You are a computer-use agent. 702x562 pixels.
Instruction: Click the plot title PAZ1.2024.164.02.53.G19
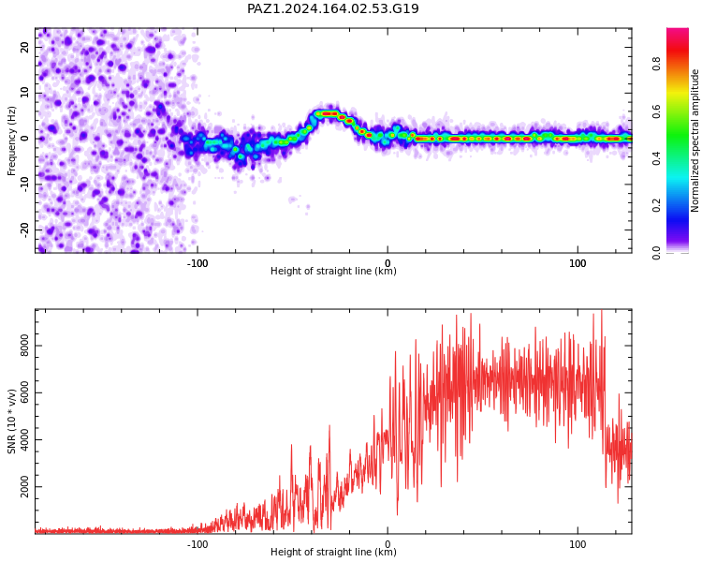pos(333,8)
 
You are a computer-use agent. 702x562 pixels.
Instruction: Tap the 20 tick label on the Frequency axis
pos(25,47)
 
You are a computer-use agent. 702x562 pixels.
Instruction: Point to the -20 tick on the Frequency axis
pos(25,229)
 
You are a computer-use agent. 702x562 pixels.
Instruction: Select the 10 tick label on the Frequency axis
pos(25,93)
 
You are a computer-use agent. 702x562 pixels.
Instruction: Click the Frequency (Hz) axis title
pos(11,140)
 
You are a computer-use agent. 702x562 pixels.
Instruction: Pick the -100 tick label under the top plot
pos(197,263)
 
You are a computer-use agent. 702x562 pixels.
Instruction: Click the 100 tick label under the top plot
pos(578,263)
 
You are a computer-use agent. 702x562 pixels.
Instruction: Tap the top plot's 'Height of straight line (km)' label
pos(333,271)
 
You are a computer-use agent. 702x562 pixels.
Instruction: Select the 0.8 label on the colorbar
pos(656,64)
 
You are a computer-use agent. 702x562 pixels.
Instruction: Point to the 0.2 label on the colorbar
pos(656,206)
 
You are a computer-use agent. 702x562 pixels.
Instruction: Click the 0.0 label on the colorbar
pos(656,253)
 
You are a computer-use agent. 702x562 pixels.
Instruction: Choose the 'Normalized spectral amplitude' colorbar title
pos(695,140)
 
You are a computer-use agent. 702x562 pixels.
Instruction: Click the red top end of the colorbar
pos(678,30)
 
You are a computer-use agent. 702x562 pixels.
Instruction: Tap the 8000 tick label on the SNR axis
pos(25,346)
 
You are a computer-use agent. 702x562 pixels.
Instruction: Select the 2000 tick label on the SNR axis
pos(25,487)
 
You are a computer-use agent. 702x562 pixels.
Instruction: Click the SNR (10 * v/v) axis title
pos(11,421)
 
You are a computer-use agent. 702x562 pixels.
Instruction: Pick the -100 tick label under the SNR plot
pos(197,544)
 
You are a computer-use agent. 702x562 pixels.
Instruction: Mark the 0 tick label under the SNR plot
pos(388,544)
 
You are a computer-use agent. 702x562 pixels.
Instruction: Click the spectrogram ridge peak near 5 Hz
pos(329,114)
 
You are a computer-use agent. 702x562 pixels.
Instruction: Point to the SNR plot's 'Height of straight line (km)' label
pos(333,552)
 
